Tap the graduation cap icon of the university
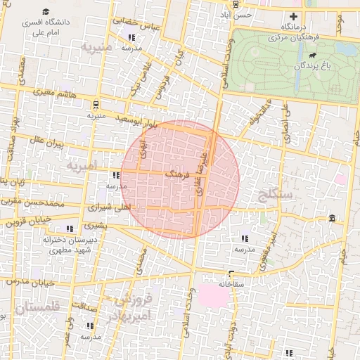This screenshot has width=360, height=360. point(46,12)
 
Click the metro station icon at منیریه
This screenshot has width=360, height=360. point(91,102)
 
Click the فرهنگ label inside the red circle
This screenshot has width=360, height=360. point(176,172)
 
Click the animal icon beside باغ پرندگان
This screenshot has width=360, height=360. point(311,55)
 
